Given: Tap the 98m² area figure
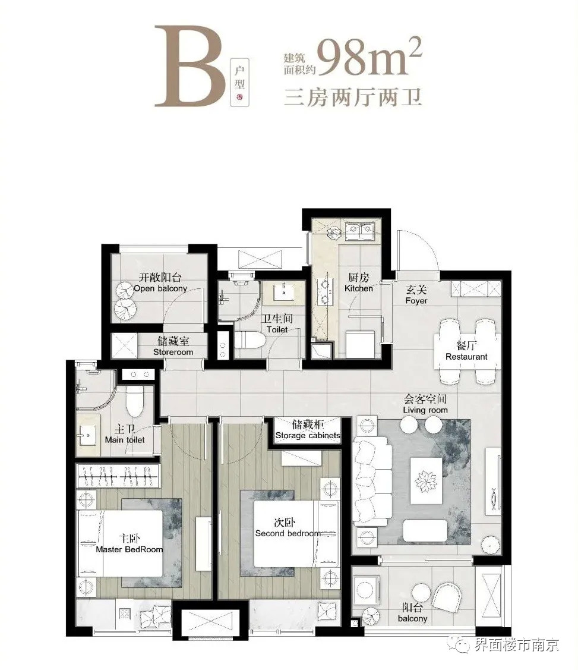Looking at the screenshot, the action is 369,56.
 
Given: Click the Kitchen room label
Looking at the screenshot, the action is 359,288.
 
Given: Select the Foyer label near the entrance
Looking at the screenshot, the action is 416,301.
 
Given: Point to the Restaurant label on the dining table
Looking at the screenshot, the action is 466,356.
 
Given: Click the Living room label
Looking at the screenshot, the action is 425,410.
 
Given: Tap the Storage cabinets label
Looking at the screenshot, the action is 308,435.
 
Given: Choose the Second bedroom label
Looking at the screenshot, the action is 288,533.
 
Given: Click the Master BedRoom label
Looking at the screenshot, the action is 129,549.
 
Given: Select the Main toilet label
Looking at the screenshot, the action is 125,440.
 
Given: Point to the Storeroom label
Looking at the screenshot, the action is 173,352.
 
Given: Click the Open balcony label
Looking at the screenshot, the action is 160,288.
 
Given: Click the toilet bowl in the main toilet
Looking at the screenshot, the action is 134,401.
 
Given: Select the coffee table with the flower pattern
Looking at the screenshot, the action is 425,481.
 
